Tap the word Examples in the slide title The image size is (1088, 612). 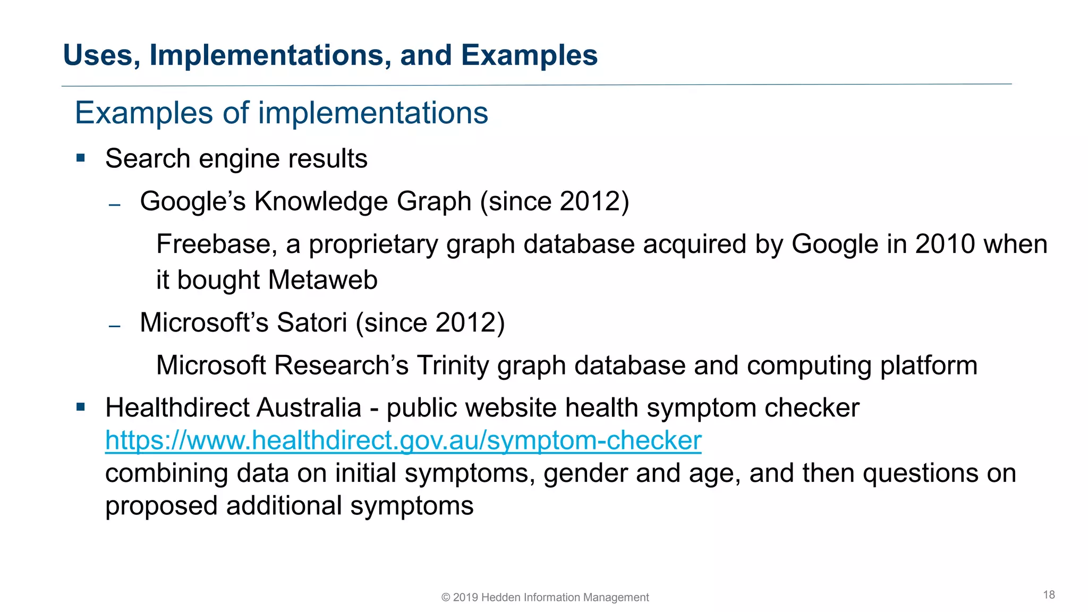(529, 55)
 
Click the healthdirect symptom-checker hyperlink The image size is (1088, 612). (403, 440)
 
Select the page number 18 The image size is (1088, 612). (1049, 595)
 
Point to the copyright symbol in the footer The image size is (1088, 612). (446, 598)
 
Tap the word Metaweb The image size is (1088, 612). (323, 280)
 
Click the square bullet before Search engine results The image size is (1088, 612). (81, 158)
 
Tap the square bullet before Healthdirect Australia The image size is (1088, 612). (81, 407)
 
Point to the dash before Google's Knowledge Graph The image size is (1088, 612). (115, 205)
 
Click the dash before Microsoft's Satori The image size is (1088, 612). (115, 326)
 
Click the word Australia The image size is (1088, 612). (309, 408)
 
